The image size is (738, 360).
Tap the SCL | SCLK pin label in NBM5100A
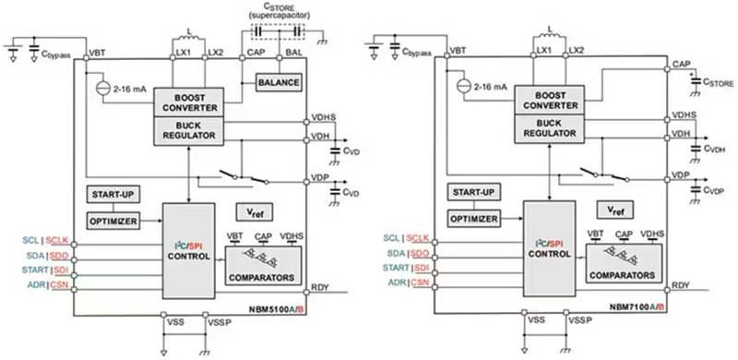point(42,238)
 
